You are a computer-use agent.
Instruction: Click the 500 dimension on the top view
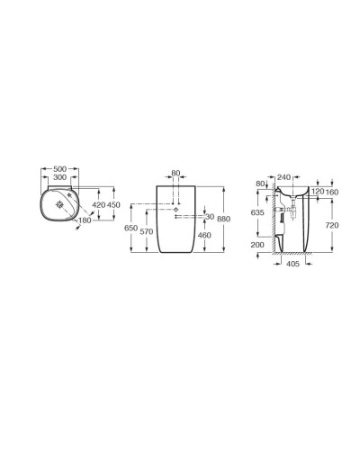click(59, 168)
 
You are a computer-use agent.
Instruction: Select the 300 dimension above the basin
click(59, 178)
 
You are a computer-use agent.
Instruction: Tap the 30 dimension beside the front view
click(210, 217)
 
